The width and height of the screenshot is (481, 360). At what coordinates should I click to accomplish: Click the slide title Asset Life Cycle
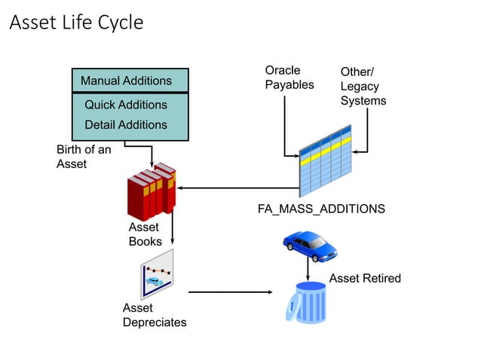coord(75,23)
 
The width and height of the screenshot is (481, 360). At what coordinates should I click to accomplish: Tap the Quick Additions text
coord(126,105)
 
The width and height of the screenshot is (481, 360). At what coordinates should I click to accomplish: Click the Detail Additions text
coord(126,124)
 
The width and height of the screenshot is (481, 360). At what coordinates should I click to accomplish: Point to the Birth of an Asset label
coord(84,157)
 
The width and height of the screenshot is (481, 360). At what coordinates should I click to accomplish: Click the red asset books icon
coord(152,192)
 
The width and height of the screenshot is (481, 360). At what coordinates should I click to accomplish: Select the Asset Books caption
coord(145,234)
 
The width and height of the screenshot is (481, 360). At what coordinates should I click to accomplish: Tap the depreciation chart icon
coord(157,274)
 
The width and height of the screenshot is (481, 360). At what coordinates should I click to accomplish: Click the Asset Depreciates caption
coord(154,315)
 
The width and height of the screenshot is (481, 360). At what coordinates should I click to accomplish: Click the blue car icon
coord(309,246)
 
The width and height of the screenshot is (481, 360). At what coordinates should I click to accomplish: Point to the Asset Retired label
coord(365,279)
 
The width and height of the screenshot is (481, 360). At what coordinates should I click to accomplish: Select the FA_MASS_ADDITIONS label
coord(321,209)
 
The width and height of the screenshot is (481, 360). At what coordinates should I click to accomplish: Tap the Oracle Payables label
coord(289,78)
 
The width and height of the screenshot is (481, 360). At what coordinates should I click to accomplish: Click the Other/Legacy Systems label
coord(363,86)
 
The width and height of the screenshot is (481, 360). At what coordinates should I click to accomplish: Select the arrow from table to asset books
coord(237,188)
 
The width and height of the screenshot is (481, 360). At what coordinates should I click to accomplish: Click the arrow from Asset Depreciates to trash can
coord(230,291)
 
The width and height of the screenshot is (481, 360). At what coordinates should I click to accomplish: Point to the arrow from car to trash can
coord(308,270)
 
